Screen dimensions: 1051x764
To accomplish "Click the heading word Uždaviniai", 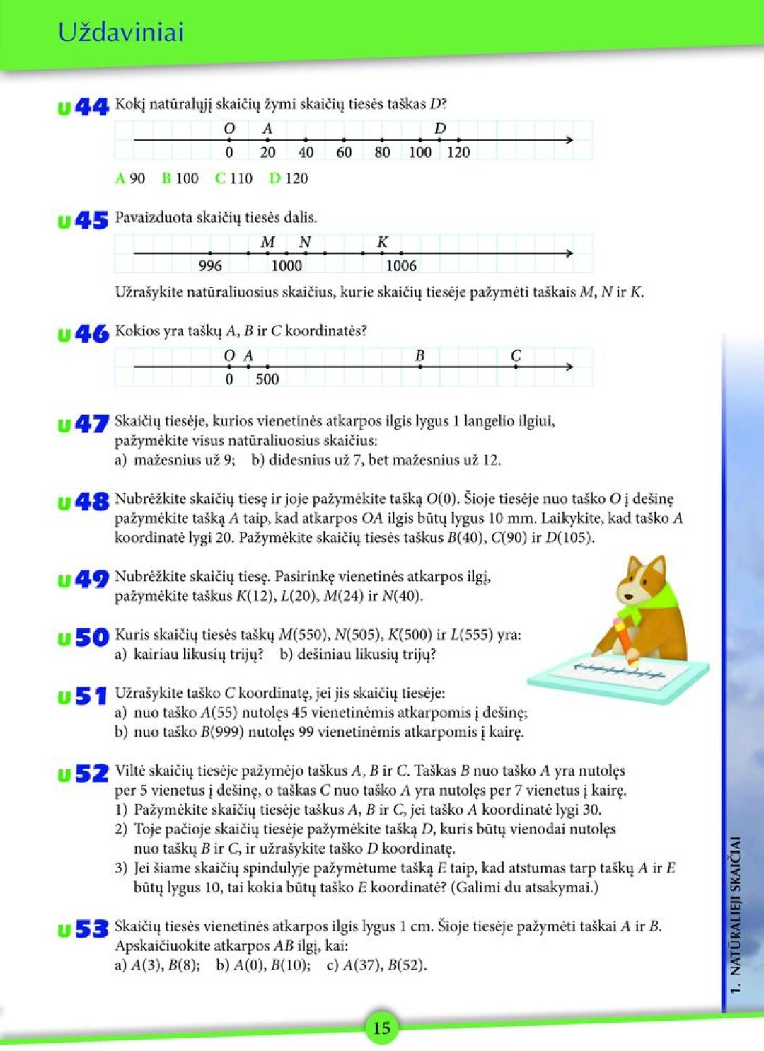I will (121, 33).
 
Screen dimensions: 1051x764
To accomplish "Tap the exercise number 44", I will (91, 107).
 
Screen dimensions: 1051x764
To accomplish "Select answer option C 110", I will (233, 178).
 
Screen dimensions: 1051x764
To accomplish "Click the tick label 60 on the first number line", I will (344, 152).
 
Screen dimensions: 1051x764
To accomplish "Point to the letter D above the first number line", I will (440, 129).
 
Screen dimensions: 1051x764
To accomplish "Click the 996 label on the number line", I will (210, 266).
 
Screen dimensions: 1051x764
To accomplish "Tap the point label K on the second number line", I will (382, 242).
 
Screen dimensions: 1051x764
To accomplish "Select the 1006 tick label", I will (401, 266).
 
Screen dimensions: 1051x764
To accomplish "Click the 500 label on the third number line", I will (267, 379).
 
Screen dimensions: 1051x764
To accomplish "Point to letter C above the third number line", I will (516, 355).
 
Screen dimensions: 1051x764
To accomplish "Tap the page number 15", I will (381, 1028).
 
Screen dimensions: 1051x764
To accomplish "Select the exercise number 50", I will (91, 638).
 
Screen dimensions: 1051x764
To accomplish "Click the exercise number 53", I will (91, 929).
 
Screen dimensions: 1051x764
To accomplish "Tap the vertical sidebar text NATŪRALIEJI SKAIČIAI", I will (736, 913).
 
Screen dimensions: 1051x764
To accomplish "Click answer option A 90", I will (130, 178).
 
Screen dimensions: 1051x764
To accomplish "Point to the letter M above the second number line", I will (267, 242).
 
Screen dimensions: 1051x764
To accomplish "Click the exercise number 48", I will (91, 502).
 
